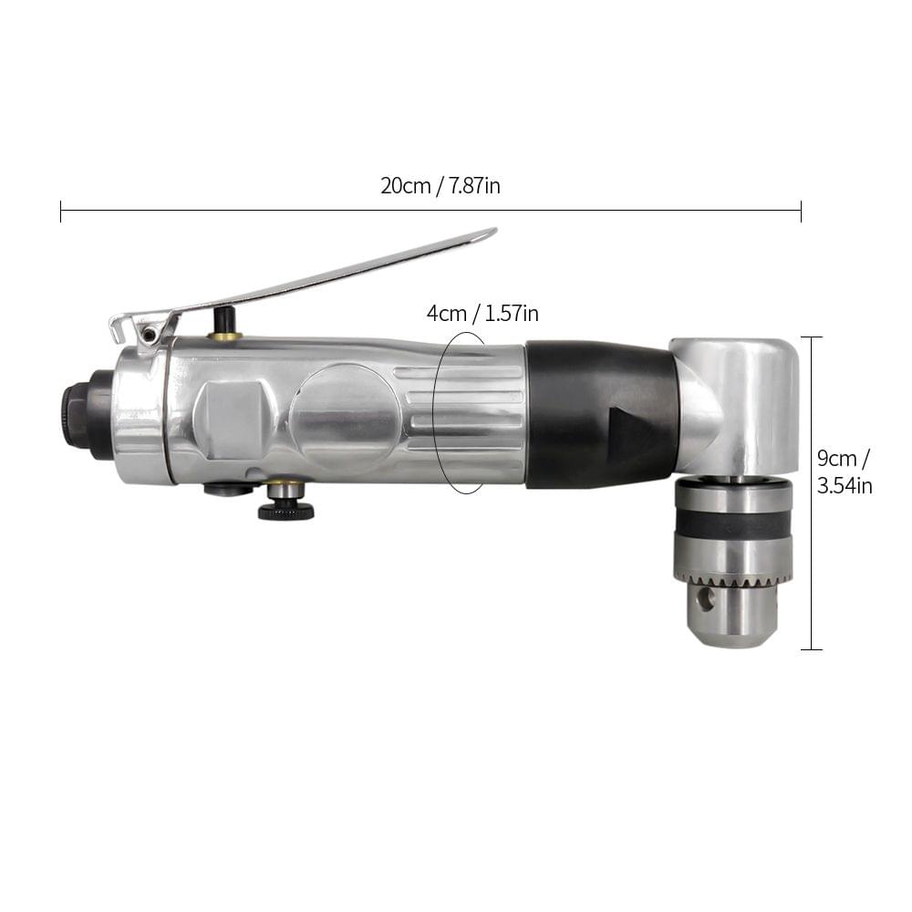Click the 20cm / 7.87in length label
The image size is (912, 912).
[x=440, y=185]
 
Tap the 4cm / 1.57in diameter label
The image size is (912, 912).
[x=482, y=314]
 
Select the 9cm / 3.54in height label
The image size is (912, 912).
[x=845, y=472]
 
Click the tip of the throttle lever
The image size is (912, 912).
[x=495, y=231]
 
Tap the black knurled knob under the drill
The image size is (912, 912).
[x=286, y=512]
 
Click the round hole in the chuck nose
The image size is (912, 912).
[x=706, y=600]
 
